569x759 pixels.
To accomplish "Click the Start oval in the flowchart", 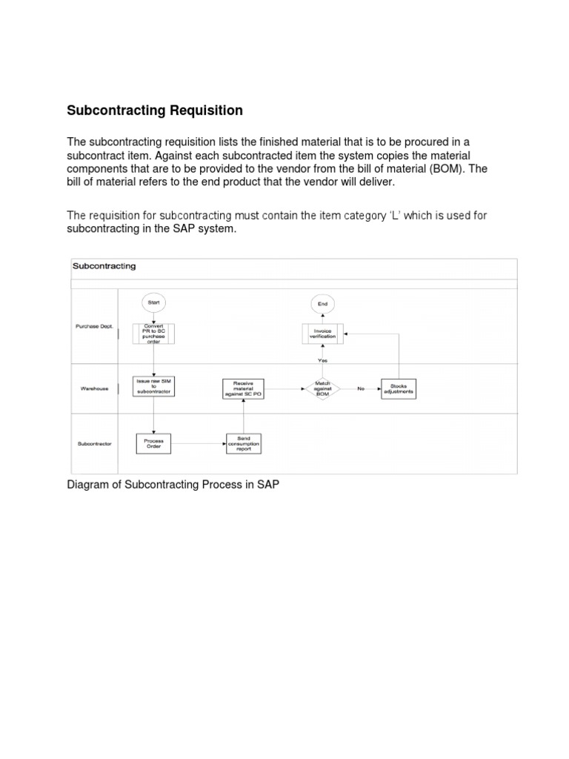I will [153, 302].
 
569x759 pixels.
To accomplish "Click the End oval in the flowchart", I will [323, 303].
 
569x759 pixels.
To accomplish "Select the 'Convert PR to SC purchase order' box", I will [154, 334].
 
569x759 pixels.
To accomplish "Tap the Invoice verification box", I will [322, 334].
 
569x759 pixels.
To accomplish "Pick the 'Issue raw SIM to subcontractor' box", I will [154, 386].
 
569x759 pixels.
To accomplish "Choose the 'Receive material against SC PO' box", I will [244, 388].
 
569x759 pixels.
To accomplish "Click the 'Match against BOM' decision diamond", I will [322, 388].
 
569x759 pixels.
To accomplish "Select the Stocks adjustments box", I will [399, 388].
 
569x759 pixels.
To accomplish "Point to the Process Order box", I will [154, 443].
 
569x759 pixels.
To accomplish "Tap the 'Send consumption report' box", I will [244, 443].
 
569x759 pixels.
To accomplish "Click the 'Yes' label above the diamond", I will [322, 361].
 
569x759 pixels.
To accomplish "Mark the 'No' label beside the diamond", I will [361, 388].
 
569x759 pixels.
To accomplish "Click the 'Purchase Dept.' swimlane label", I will [94, 327].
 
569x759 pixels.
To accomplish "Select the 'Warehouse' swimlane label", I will [94, 388].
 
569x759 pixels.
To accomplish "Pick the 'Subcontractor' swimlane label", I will [94, 443].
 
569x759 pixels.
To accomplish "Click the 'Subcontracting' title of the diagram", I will [104, 266].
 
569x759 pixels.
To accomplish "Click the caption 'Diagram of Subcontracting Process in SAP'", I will [173, 485].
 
